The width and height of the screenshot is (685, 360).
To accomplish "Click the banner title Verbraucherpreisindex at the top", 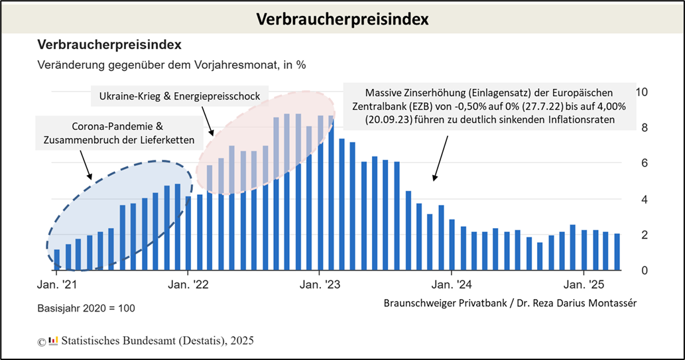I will coord(342,19).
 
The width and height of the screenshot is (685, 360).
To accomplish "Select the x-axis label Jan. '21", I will coord(57,286).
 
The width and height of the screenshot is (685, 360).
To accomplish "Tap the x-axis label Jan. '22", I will coord(188,286).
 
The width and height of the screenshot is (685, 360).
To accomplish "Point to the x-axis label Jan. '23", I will coord(320,286).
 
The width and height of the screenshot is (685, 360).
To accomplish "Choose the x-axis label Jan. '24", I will coord(452,286).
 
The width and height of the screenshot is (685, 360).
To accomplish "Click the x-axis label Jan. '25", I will coord(583,286).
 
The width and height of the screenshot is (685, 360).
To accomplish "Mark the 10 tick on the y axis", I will coord(641,91).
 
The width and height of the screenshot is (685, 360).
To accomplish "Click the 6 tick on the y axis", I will coord(641,163).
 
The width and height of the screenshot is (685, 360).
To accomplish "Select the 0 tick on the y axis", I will coord(641,270).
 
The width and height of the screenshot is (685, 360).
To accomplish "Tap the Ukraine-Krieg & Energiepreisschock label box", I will coord(179,97).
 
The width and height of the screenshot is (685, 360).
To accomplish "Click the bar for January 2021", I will coord(57,260).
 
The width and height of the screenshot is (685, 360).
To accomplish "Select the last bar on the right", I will coord(617,252).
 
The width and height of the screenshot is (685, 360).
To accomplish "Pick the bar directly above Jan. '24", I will coord(452,245).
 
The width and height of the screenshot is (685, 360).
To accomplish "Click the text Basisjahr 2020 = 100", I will coord(86,309).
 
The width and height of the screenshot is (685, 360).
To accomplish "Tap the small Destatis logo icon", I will coord(54,341).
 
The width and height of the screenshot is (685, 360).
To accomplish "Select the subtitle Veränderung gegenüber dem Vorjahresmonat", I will coord(172,65).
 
